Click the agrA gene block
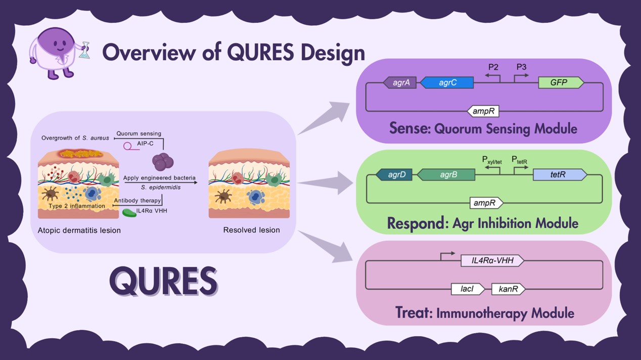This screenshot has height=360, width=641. coord(400,83)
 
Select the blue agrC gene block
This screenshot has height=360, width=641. coord(447,83)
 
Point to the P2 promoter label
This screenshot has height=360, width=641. coord(493,67)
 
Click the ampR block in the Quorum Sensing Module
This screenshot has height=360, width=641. coord(484,111)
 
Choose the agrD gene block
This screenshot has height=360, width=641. coord(394,175)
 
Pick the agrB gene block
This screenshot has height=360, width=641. coord(447,175)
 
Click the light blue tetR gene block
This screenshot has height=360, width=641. coord(559,175)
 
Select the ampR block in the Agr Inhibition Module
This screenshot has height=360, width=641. coord(486,203)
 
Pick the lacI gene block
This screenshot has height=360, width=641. coord(468,289)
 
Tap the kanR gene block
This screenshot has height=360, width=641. coord(508,289)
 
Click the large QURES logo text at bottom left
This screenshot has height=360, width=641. coord(163,281)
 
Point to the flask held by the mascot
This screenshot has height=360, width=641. coord(84,50)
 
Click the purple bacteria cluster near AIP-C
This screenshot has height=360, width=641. coord(163,162)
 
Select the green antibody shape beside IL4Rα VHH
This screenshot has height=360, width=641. coord(129,213)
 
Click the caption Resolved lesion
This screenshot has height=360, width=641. coord(251,230)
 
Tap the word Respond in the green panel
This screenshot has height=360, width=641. coord(416,223)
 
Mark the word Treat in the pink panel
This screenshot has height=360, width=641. coord(413,312)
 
